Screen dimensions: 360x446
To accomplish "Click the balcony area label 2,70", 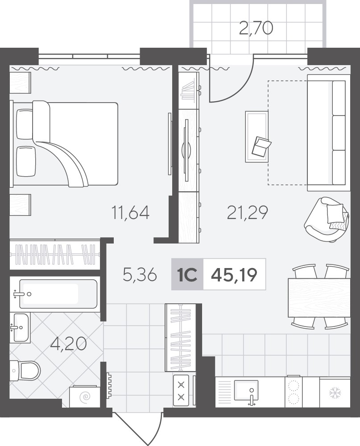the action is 256,29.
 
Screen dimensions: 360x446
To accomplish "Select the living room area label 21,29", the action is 248,212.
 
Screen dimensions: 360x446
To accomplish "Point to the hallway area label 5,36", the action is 140,275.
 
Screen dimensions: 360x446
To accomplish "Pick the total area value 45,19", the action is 234,275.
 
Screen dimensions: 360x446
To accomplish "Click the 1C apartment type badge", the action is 187,275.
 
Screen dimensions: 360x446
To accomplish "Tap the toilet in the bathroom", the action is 25,370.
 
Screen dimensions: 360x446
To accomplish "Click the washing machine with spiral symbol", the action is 84,396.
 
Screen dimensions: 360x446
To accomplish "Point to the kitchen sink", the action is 246,390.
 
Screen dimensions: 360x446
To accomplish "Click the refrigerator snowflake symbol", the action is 335,393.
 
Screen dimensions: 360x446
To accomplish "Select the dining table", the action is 319,297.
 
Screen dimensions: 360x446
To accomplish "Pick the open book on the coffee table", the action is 261,146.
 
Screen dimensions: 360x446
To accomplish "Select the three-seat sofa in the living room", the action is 329,133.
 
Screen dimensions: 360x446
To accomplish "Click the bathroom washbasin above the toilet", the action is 20,327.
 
